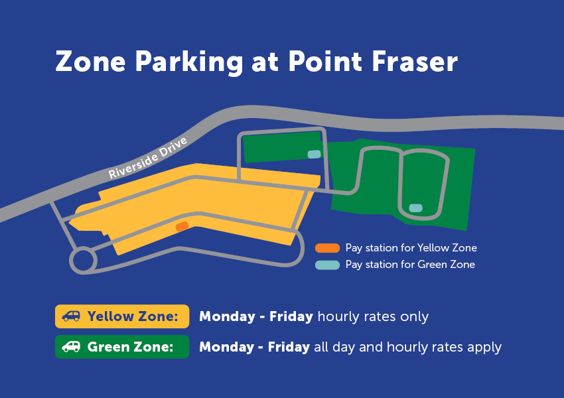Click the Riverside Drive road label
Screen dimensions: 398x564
tap(149, 158)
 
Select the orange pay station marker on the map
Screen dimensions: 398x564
tap(182, 226)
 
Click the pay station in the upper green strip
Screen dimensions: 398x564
tap(314, 155)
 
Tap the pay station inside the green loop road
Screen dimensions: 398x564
tap(415, 208)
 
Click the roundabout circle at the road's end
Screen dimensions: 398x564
tap(83, 260)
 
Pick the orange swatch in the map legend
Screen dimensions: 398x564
tap(327, 248)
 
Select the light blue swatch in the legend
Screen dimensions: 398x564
tap(327, 265)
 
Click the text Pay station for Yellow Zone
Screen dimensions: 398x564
tap(411, 248)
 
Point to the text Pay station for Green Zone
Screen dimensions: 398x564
tap(410, 265)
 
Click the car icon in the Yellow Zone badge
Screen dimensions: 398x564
tap(71, 316)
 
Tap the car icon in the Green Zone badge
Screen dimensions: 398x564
tap(71, 346)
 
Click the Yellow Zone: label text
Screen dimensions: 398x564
tap(133, 316)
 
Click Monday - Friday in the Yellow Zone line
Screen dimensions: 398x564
tap(256, 316)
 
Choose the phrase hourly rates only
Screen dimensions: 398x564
tap(373, 316)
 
